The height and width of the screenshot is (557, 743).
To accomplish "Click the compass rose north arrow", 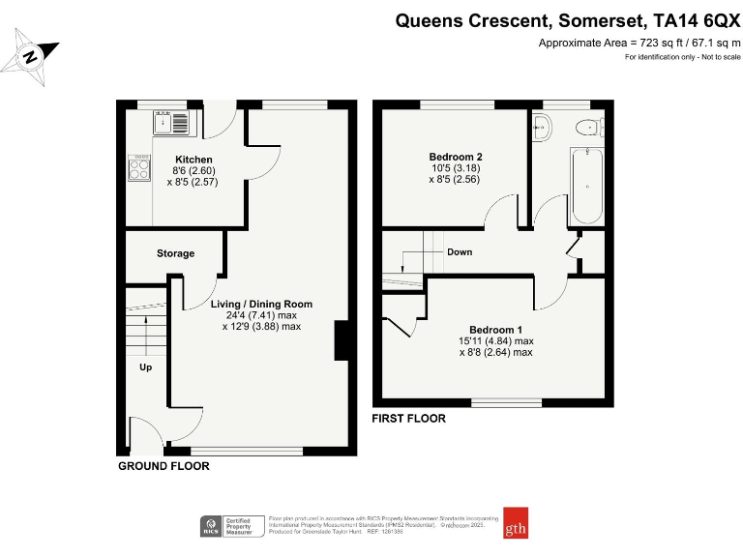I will [x=31, y=56].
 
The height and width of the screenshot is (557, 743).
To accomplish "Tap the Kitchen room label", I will [x=193, y=160].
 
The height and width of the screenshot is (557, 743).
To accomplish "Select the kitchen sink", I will [x=173, y=123].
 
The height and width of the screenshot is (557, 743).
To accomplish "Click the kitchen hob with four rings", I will [x=139, y=169].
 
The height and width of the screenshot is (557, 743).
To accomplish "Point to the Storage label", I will [x=175, y=253].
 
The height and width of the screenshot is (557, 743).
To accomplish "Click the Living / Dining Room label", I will [x=261, y=304].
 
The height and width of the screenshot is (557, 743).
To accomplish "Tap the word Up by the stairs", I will [x=145, y=367].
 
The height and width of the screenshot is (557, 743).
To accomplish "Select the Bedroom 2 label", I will [x=455, y=157].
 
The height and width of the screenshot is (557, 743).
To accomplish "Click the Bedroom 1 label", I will [x=496, y=329].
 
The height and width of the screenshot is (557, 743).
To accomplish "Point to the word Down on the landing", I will [x=460, y=252].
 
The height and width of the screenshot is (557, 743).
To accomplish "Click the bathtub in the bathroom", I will [x=586, y=185].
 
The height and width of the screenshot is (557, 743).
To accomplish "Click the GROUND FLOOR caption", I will [x=163, y=466].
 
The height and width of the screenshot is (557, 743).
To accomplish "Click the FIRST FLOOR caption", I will [x=409, y=419].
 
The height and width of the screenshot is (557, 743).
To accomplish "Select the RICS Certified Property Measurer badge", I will [x=231, y=525].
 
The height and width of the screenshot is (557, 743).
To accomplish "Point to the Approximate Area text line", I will [x=639, y=43].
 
